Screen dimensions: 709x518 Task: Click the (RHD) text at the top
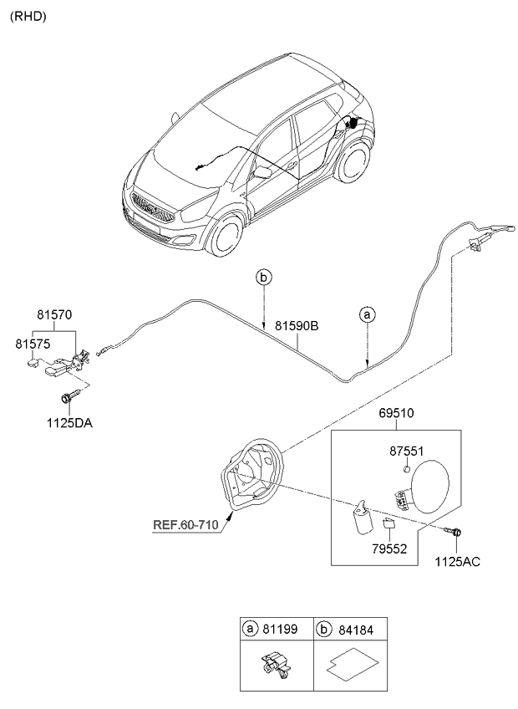[28, 15]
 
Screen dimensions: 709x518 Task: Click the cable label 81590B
[297, 327]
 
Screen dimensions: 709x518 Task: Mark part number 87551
[409, 451]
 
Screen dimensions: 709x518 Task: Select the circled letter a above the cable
[366, 314]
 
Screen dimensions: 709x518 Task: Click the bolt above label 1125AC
[458, 530]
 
